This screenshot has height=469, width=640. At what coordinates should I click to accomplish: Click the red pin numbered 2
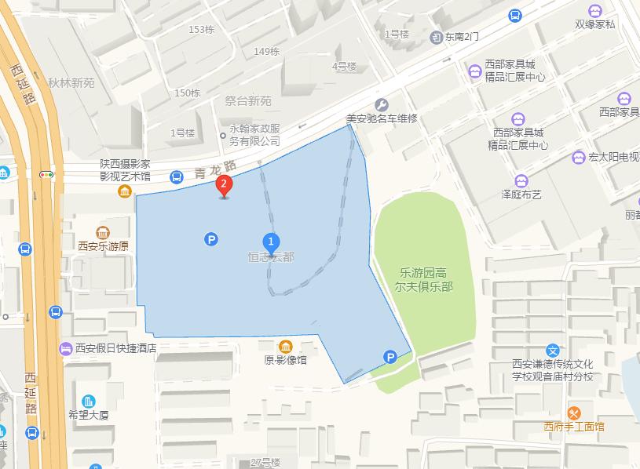[225, 186]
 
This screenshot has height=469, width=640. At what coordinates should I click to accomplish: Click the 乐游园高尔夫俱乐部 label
[424, 279]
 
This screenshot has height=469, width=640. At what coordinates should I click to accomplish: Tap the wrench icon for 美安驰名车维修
[381, 104]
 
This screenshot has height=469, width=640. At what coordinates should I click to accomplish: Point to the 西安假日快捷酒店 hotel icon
[64, 348]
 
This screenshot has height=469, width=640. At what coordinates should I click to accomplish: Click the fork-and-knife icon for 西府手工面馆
[574, 413]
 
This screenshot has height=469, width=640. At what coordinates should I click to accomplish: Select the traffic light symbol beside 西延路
[47, 175]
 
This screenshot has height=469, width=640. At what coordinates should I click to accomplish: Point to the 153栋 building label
[202, 30]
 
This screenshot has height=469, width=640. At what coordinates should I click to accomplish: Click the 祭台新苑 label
[247, 100]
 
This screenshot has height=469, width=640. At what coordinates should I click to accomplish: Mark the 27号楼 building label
[265, 462]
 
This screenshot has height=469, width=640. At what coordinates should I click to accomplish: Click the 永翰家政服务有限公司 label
[254, 135]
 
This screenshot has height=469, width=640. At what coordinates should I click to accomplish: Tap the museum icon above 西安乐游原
[103, 233]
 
